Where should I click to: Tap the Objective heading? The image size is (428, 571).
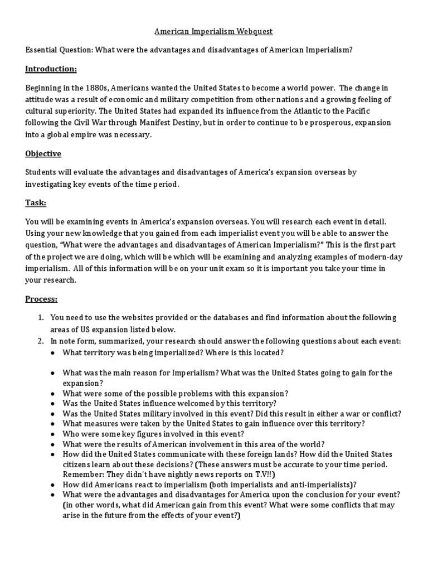pyautogui.click(x=43, y=153)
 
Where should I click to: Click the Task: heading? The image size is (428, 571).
pyautogui.click(x=36, y=202)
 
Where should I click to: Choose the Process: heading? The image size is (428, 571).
pyautogui.click(x=42, y=299)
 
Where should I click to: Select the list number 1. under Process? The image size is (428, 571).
pyautogui.click(x=41, y=317)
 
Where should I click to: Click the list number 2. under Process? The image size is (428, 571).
pyautogui.click(x=41, y=341)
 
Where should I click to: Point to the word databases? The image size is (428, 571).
pyautogui.click(x=226, y=317)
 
